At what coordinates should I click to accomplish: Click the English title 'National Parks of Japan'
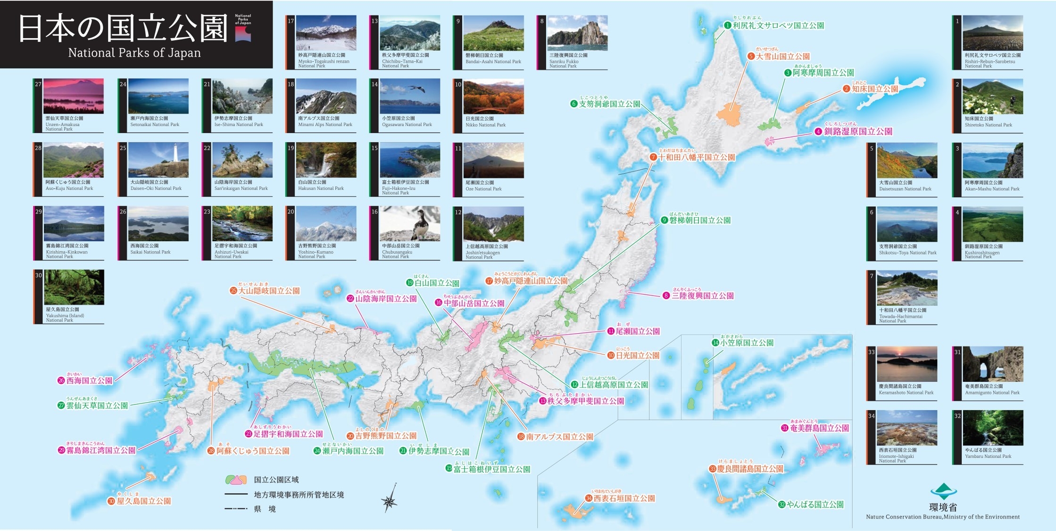pyautogui.click(x=134, y=52)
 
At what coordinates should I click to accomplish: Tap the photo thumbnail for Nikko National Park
pyautogui.click(x=493, y=97)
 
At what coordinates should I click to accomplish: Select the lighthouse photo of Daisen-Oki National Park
pyautogui.click(x=158, y=160)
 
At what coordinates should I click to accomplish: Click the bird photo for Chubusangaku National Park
pyautogui.click(x=410, y=224)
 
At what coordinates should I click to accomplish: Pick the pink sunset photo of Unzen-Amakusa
pyautogui.click(x=74, y=96)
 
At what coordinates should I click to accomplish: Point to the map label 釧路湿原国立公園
pyautogui.click(x=858, y=132)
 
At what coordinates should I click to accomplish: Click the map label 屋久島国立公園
pyautogui.click(x=143, y=501)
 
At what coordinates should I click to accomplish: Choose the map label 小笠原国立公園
pyautogui.click(x=747, y=343)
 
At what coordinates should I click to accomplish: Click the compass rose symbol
pyautogui.click(x=390, y=500)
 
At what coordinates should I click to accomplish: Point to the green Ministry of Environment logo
pyautogui.click(x=943, y=491)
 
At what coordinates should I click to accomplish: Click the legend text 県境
pyautogui.click(x=265, y=509)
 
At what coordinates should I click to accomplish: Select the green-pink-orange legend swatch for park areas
pyautogui.click(x=236, y=480)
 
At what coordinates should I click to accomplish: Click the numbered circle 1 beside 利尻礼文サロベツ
pyautogui.click(x=728, y=25)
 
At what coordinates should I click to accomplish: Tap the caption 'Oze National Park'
pyautogui.click(x=483, y=189)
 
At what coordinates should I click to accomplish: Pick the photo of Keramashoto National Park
pyautogui.click(x=906, y=364)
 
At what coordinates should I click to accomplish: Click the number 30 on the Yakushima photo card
pyautogui.click(x=39, y=276)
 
